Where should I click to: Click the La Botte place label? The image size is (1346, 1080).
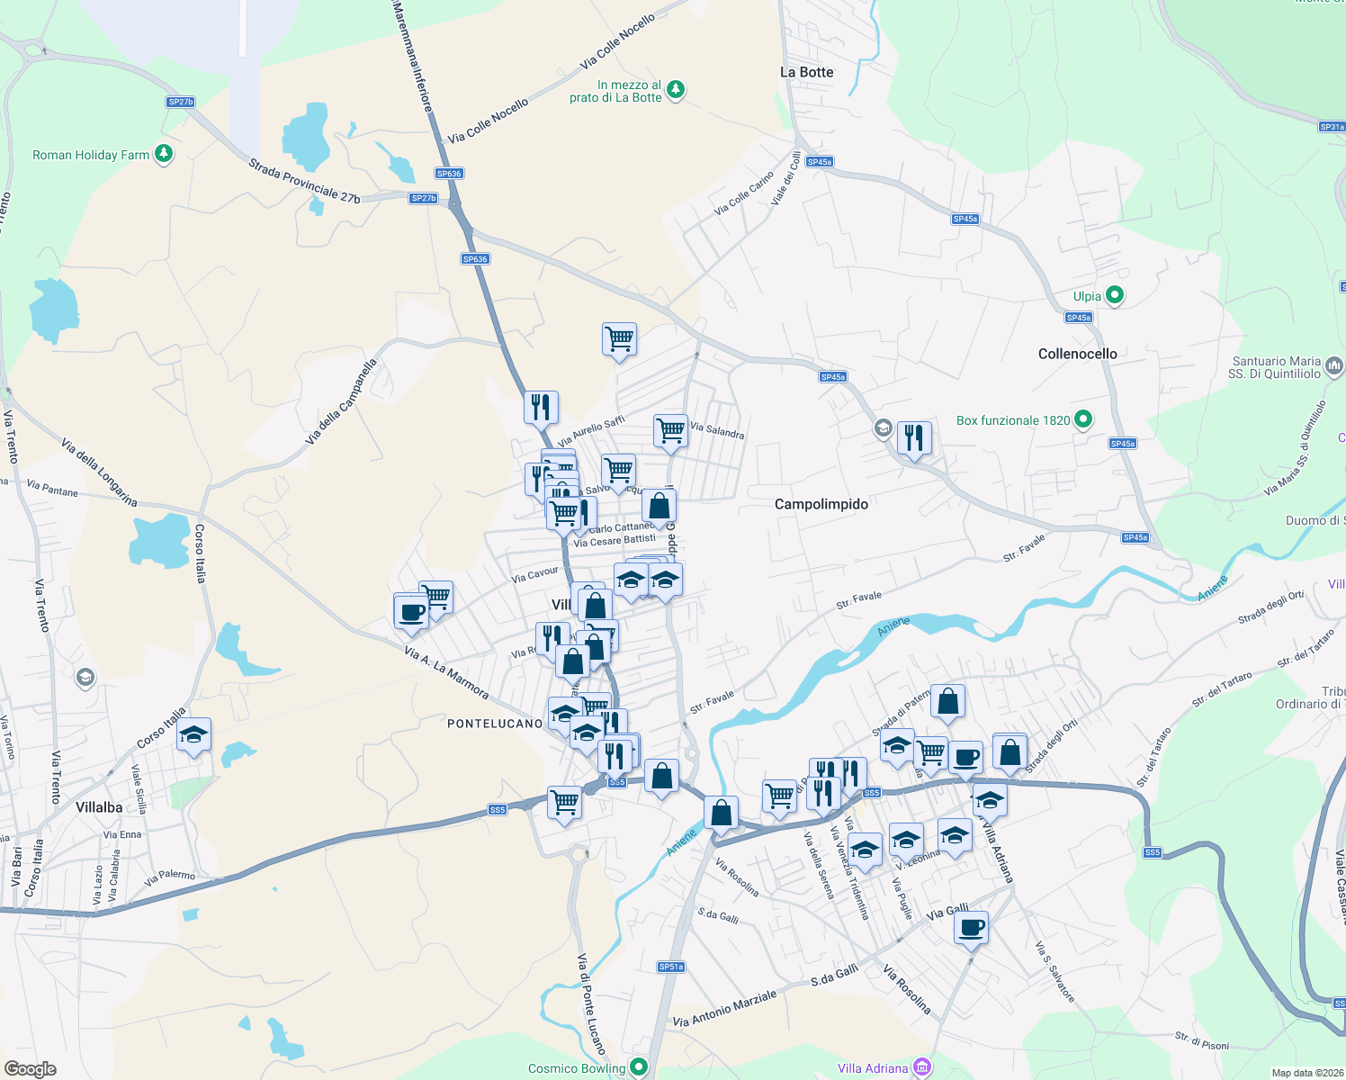[x=806, y=72]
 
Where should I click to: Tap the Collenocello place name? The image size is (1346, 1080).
[x=1077, y=354]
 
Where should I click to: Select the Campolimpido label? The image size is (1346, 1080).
[x=821, y=504]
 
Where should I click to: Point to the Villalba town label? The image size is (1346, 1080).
[x=99, y=807]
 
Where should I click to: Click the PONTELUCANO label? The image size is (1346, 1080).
[x=495, y=724]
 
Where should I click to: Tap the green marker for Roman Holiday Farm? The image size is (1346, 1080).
[x=163, y=154]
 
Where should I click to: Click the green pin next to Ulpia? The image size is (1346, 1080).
[x=1114, y=295]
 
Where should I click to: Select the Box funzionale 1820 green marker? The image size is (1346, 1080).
[x=1083, y=419]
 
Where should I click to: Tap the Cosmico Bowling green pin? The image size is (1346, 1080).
[x=639, y=1067]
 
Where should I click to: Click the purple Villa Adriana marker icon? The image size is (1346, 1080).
[x=921, y=1067]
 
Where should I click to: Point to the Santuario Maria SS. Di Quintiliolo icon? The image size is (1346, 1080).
[x=1333, y=365]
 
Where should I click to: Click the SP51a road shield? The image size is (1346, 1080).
[x=671, y=967]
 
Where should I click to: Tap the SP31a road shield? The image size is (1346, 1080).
[x=1332, y=127]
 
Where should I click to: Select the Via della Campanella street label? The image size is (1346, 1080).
[x=340, y=401]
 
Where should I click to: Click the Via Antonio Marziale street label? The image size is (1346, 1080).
[x=724, y=1009]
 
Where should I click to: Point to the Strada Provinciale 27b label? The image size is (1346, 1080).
[x=304, y=181]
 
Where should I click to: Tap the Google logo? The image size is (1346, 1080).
[x=30, y=1069]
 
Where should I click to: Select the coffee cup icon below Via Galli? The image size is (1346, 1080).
[x=971, y=926]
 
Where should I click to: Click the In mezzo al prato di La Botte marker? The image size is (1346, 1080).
[x=676, y=90]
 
